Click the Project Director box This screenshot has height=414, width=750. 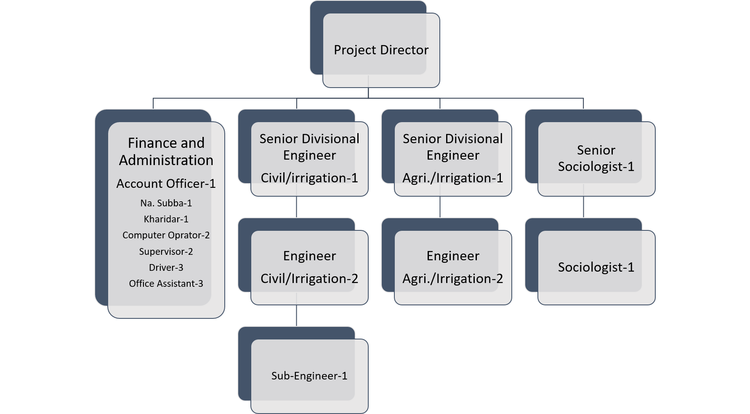pos(381,50)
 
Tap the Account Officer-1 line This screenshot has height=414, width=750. pos(166,184)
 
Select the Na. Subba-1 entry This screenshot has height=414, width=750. pos(166,203)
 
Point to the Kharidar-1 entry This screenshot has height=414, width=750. pos(166,219)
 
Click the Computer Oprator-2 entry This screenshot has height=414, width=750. pos(166,235)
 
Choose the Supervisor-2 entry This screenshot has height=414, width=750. pos(166,251)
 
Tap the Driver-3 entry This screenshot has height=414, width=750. pos(166,267)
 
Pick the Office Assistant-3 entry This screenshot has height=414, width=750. pos(166,283)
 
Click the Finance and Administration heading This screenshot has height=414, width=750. pos(166,152)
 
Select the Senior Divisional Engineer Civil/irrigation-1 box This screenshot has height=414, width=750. pos(309,158)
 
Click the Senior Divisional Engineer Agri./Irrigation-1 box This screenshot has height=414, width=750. pos(453,158)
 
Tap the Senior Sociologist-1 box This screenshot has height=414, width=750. pos(596,158)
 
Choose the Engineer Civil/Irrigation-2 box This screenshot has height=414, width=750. pos(309,267)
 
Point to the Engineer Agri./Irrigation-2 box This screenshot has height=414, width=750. pos(453,267)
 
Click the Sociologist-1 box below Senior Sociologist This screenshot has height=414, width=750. pos(596,267)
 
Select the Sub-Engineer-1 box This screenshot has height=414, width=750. pos(309,376)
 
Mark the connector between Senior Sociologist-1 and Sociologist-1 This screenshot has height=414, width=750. pos(583,207)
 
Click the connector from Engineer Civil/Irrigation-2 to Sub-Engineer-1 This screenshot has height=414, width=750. pos(297,315)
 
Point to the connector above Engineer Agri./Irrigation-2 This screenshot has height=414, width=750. pos(440,207)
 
